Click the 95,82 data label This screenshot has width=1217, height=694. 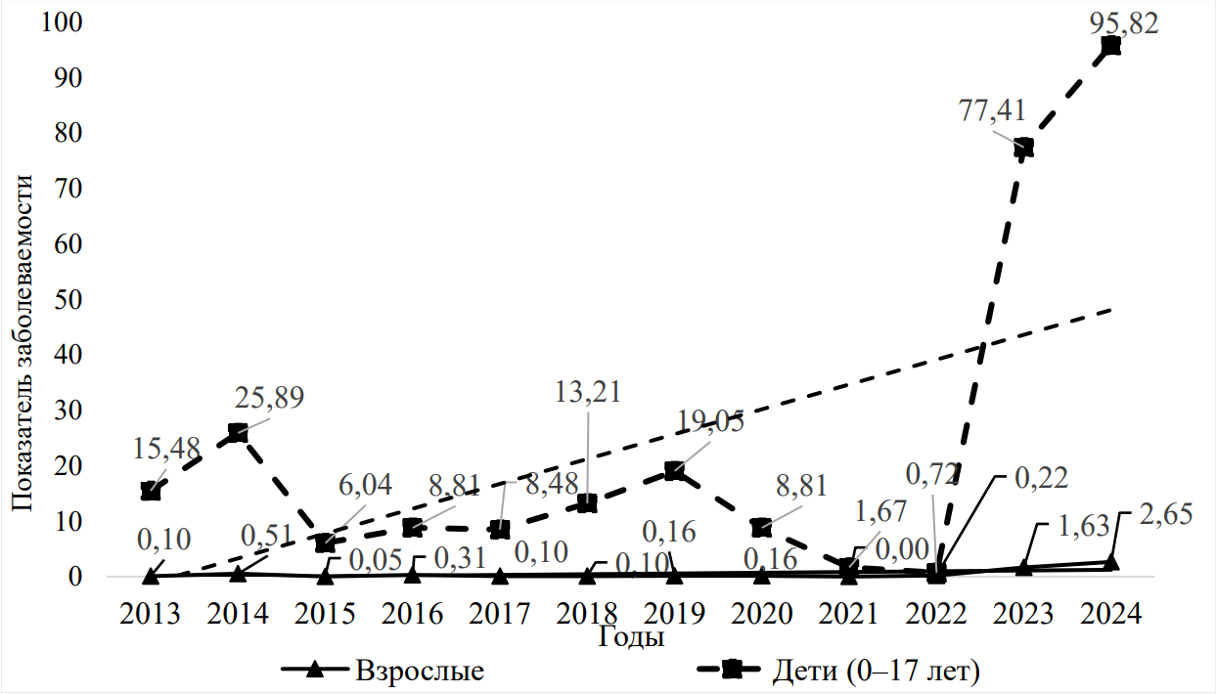click(1124, 22)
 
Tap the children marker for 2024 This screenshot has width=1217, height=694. click(1111, 46)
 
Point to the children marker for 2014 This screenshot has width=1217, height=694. click(238, 433)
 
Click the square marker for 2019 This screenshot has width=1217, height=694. click(674, 471)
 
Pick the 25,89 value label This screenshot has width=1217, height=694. click(269, 398)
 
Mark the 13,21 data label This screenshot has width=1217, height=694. click(588, 393)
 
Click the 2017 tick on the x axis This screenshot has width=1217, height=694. click(499, 614)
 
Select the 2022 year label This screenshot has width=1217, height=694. click(936, 614)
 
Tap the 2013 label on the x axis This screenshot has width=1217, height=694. click(150, 614)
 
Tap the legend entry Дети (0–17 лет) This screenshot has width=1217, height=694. click(876, 672)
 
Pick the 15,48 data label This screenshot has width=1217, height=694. click(166, 449)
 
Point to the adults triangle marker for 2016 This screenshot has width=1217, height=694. click(412, 574)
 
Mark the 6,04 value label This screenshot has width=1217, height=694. click(364, 485)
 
